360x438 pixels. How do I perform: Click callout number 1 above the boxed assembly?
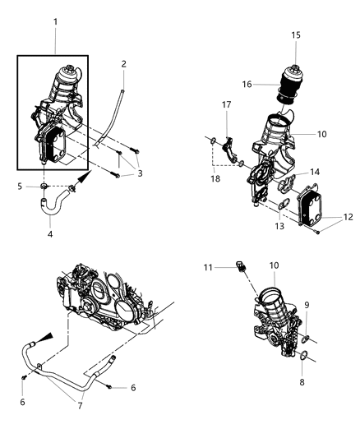(56, 18)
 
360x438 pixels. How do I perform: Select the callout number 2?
(123, 63)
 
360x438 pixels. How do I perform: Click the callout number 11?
(207, 267)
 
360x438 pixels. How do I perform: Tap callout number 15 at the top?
(295, 35)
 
